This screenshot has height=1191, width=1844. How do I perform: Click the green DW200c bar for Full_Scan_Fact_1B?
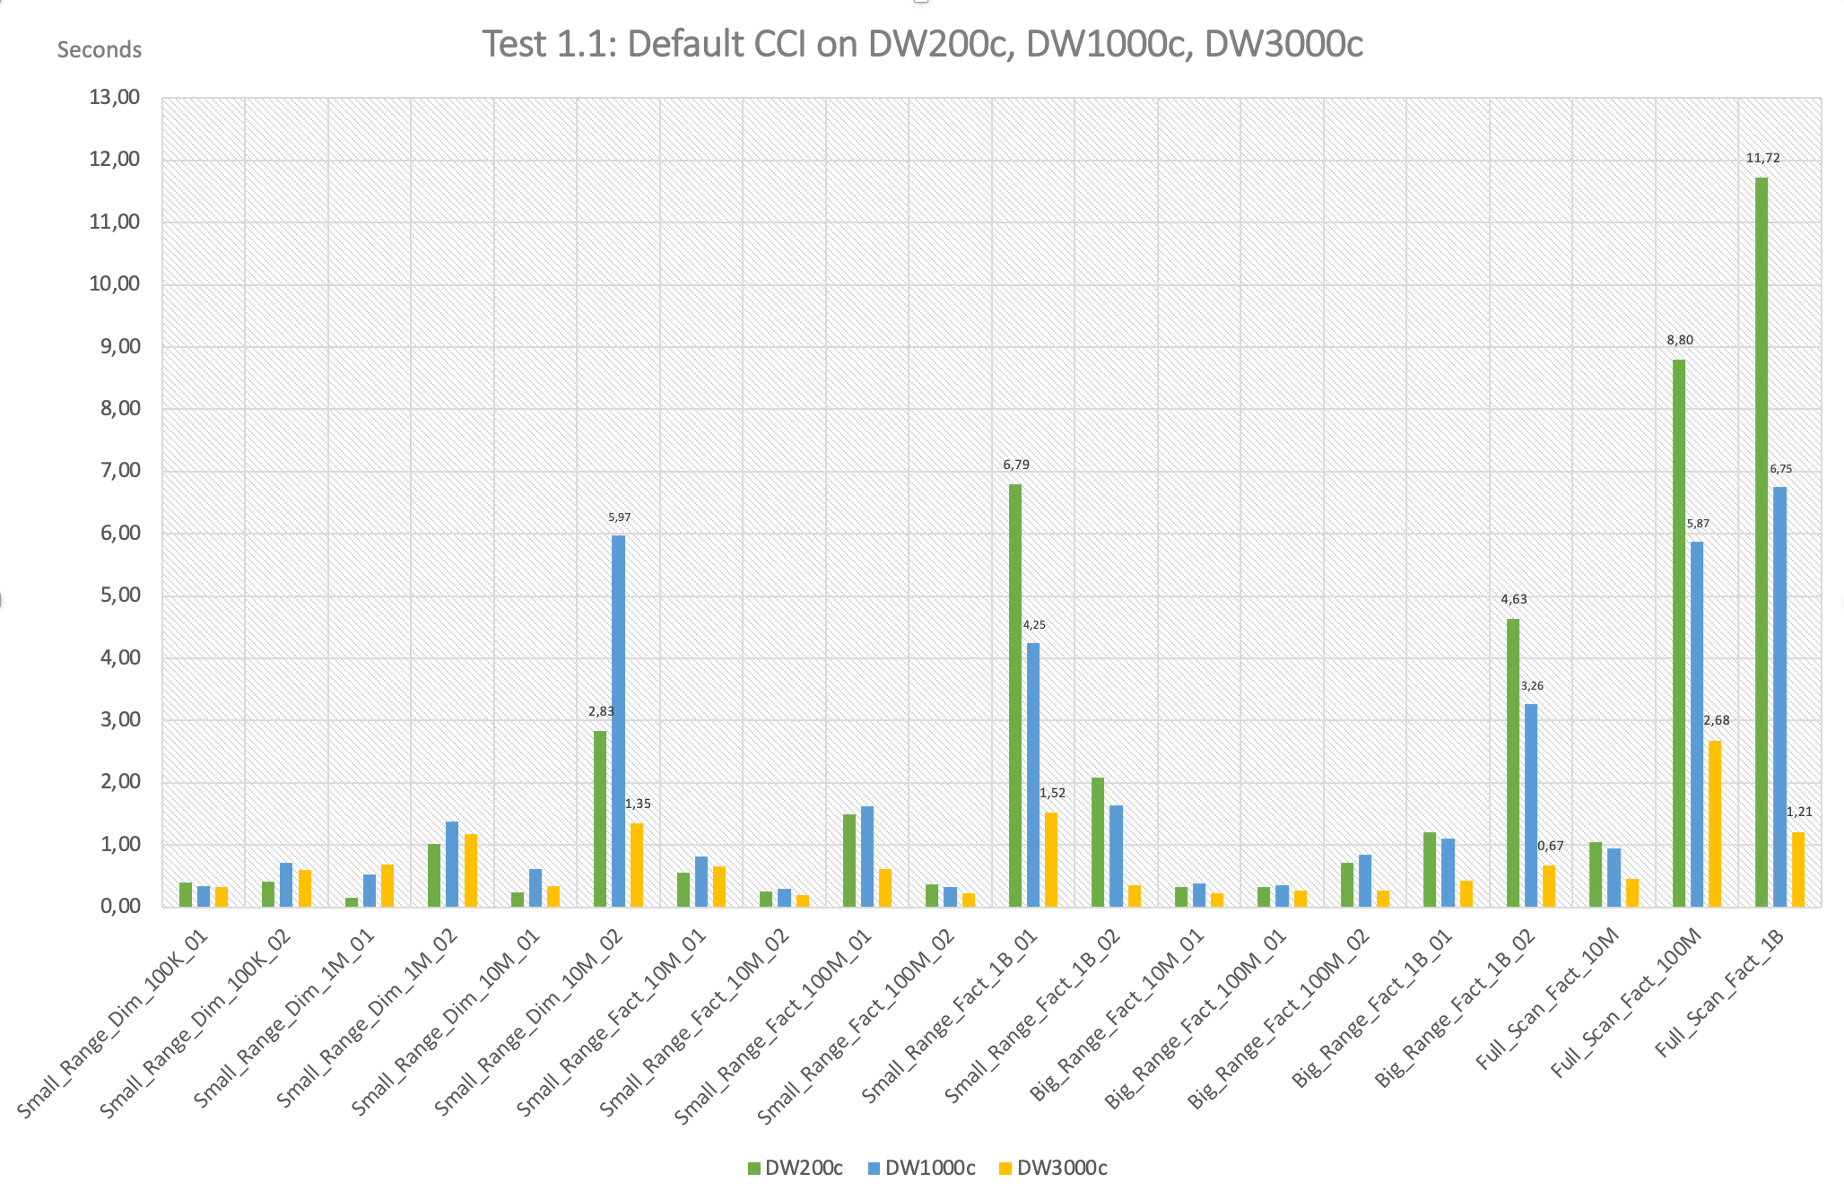1761,542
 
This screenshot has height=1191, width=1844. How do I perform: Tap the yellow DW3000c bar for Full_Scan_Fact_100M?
1715,823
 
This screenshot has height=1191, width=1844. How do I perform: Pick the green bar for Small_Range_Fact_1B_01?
1015,695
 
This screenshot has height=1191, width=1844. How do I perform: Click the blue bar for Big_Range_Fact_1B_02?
1531,804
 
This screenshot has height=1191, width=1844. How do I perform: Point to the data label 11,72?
1762,159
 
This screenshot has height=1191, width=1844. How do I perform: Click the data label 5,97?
619,517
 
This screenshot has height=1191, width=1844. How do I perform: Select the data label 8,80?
1680,341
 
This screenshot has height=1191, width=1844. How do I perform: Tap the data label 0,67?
1551,846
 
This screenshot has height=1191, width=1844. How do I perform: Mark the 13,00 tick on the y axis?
115,98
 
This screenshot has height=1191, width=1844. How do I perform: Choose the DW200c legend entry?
796,1168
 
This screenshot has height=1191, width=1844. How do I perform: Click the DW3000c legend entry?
1054,1168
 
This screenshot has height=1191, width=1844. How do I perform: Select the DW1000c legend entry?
922,1168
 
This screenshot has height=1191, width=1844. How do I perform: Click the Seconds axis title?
99,50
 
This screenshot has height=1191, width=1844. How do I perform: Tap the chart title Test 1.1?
922,43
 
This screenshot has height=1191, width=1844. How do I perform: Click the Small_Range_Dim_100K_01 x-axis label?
114,1022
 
